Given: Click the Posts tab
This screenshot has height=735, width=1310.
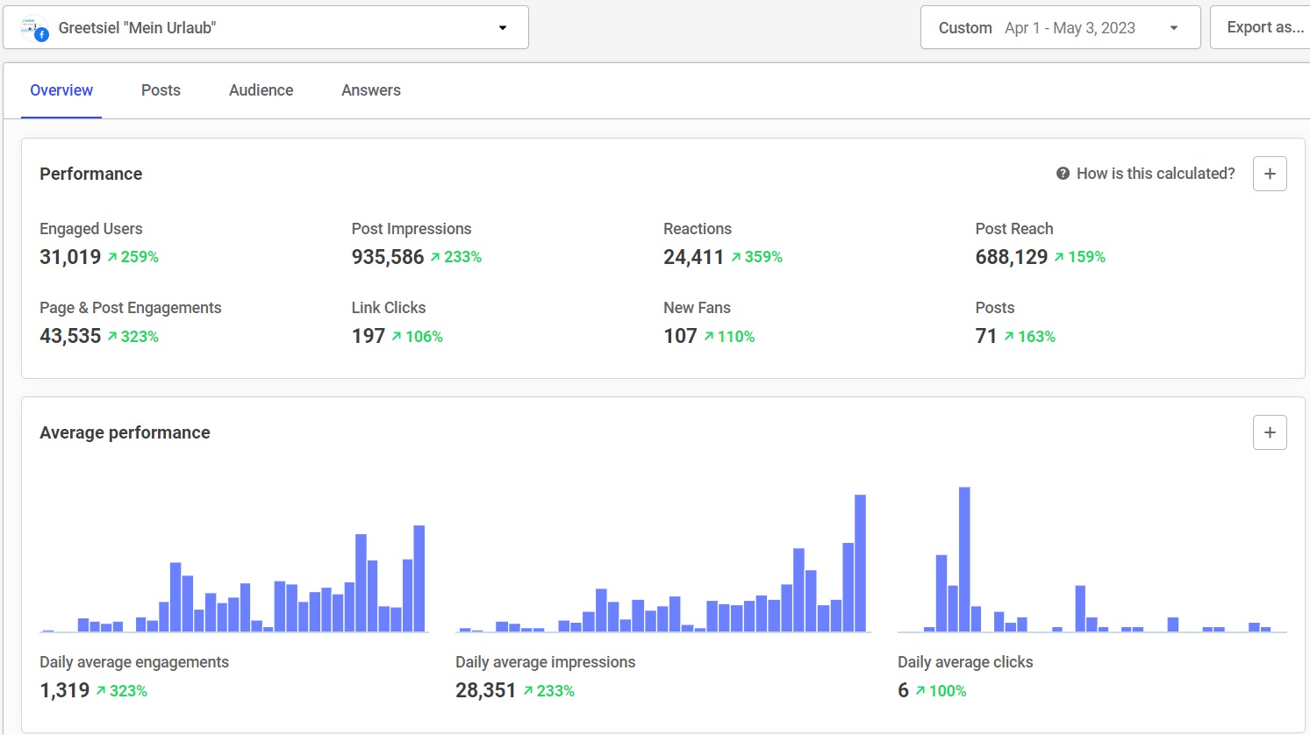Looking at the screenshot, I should click(x=161, y=90).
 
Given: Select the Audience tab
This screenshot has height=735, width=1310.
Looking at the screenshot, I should click(x=261, y=90).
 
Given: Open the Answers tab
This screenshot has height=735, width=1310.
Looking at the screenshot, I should click(x=371, y=90).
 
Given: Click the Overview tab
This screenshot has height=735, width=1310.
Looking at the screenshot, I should click(x=61, y=90).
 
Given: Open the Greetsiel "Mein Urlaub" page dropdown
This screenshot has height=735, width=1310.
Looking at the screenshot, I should click(x=265, y=28).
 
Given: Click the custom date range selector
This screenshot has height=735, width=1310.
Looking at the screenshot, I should click(x=1059, y=28).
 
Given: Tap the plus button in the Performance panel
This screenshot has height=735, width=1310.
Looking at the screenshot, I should click(x=1270, y=174).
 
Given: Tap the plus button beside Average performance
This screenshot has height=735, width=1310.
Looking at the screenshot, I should click(x=1270, y=432).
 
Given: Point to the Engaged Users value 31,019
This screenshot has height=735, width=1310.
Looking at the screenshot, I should click(x=70, y=257).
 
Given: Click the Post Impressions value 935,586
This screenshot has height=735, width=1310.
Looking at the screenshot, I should click(x=388, y=257).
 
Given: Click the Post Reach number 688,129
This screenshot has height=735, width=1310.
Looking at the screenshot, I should click(x=1012, y=257).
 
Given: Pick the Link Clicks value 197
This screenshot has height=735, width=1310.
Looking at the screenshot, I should click(x=369, y=336).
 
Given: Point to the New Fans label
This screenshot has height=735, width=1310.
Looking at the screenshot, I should click(x=697, y=308).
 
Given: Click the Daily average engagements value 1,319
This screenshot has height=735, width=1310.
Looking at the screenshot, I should click(x=65, y=690).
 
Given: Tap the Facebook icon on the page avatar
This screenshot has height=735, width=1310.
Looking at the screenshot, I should click(x=41, y=35).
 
